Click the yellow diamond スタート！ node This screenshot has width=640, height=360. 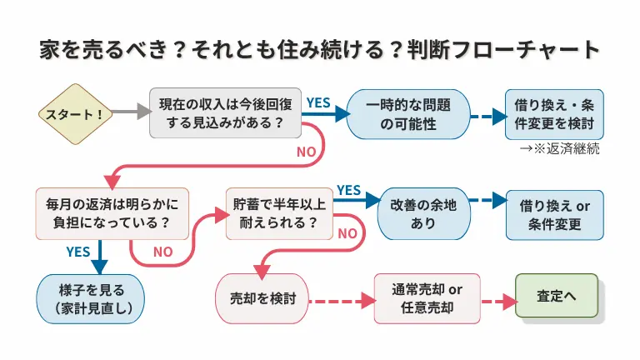coord(76,113)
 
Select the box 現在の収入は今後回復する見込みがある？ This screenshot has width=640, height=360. coord(219,113)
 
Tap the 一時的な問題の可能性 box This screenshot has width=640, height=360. coord(408,113)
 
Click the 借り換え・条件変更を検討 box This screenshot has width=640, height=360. coord(554,113)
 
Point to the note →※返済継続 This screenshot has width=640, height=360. coord(559,149)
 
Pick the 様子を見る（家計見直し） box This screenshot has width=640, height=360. coord(90,298)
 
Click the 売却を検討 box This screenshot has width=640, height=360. coord(262,298)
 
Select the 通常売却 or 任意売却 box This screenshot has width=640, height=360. coord(427,298)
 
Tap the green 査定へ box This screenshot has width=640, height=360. coord(557,295)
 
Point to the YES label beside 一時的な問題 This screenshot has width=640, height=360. coord(318,102)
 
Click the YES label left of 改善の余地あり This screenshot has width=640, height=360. coord(348,190)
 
